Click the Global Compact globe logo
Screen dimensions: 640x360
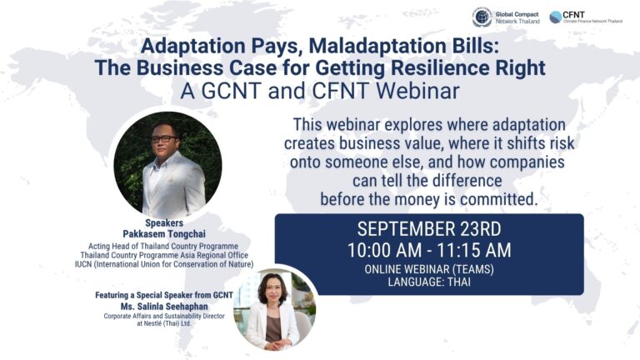pos(482,17)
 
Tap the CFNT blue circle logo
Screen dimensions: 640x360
pos(556,17)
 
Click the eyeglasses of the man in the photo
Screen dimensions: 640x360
pos(164,139)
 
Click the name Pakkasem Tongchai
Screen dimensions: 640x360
pos(164,234)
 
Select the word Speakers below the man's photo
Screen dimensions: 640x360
pos(164,222)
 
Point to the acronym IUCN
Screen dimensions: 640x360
pos(83,264)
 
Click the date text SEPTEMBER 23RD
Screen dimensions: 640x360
pos(429,229)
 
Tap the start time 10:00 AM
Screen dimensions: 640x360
pos(384,250)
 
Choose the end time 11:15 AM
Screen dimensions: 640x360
pos(474,250)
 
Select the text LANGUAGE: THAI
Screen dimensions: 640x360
pos(429,282)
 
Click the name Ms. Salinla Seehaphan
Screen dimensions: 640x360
pos(164,306)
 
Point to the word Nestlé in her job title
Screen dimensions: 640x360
pos(154,323)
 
